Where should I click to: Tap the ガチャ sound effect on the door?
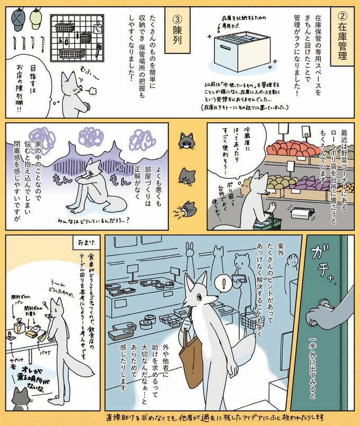[x=326, y=268]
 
